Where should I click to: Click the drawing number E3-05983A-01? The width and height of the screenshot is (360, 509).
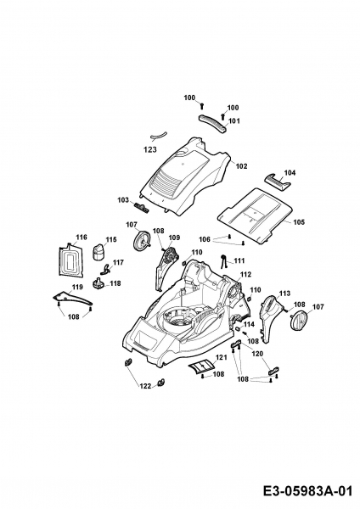pos(307,490)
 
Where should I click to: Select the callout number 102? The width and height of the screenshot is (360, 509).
pos(241,166)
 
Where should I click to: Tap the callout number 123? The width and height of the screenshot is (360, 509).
pos(150,149)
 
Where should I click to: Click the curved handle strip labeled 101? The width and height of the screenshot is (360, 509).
pos(212,123)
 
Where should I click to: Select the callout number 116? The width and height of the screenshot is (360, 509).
pos(82,238)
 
